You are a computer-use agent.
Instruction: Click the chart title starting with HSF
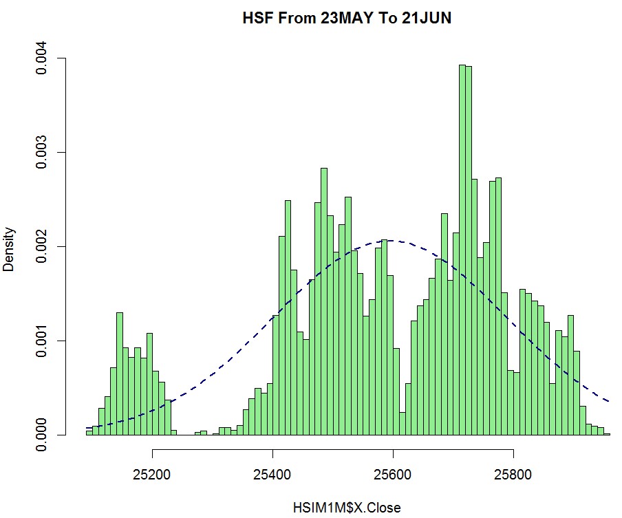347,19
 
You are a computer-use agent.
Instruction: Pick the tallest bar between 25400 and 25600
323,303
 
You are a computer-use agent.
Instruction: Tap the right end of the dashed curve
610,401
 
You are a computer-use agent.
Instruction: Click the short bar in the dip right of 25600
402,424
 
